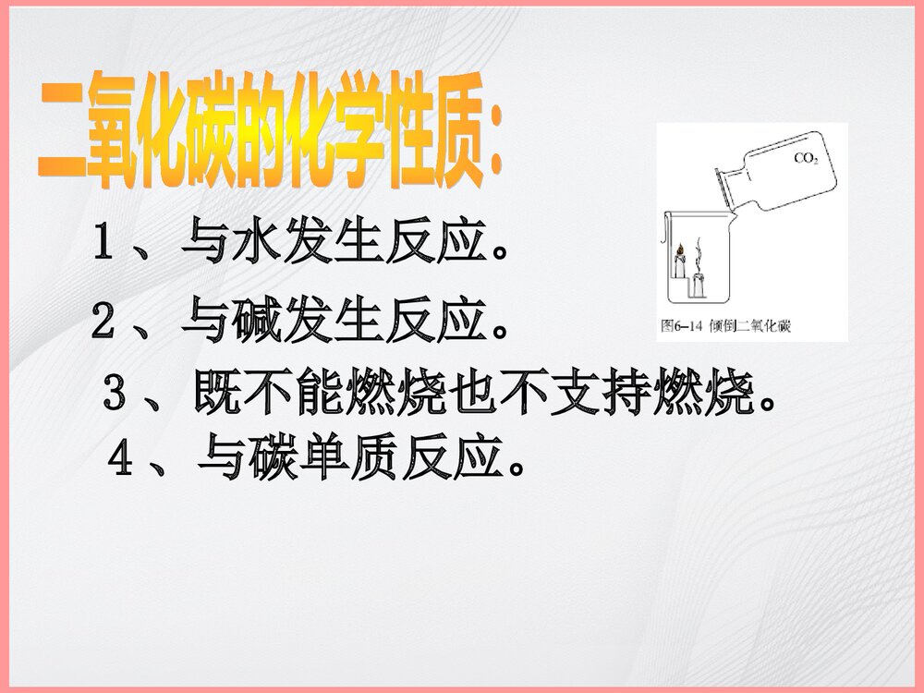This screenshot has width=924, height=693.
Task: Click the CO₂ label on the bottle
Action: [x=806, y=158]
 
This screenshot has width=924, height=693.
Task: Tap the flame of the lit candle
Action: [x=679, y=249]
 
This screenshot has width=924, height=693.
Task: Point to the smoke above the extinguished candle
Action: [x=699, y=251]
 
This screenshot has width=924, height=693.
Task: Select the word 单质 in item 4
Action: [x=325, y=457]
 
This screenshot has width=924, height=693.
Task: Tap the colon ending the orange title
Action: [x=496, y=148]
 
